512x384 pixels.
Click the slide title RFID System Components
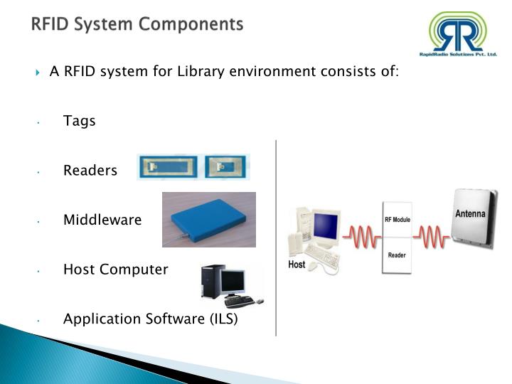click(x=137, y=24)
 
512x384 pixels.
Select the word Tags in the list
click(x=79, y=121)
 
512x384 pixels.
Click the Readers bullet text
click(x=90, y=171)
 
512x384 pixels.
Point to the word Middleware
click(x=102, y=220)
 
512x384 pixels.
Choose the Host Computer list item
click(x=115, y=270)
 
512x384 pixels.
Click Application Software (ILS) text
click(x=151, y=319)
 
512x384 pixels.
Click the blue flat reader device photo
click(x=208, y=220)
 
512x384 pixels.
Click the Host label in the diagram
click(x=297, y=265)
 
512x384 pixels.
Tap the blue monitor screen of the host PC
click(x=325, y=225)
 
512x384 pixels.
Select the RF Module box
click(x=398, y=219)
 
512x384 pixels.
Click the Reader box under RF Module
click(x=397, y=255)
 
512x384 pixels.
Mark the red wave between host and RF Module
click(x=362, y=235)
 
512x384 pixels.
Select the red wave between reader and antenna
click(x=432, y=235)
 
